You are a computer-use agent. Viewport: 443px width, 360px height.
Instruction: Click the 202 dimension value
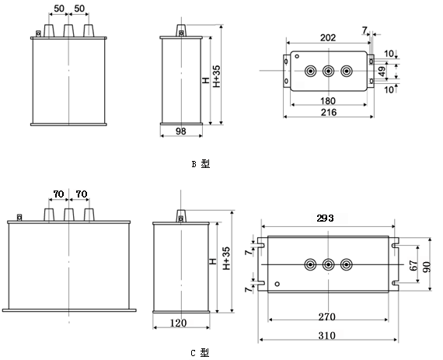tap(328, 37)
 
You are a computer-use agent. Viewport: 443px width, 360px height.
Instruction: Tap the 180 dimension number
tap(328, 100)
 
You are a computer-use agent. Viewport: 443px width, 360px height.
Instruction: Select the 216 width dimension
tap(329, 113)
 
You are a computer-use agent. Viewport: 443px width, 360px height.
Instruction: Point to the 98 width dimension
tap(181, 131)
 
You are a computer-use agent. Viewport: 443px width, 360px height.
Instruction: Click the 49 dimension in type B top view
tap(382, 72)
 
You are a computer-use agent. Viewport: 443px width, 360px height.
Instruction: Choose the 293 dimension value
tap(325, 218)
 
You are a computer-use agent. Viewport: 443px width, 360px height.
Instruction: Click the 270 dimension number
tap(327, 317)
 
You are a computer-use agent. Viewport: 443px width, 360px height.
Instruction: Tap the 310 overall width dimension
tap(327, 336)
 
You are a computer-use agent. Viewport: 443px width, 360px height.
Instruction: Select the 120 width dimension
tap(178, 323)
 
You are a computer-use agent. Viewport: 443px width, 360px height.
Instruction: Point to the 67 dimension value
tap(413, 266)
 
